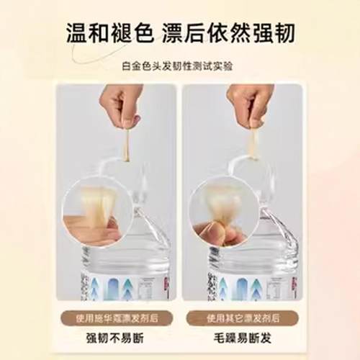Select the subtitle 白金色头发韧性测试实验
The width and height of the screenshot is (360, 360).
[x=179, y=66]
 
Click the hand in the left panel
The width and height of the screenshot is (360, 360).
[x=121, y=102]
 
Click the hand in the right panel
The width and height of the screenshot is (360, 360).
[x=248, y=101]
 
